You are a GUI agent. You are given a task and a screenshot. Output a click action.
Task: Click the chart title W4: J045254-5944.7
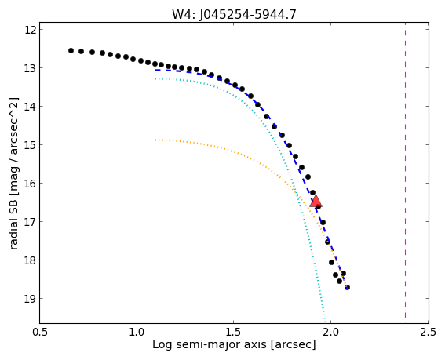click(x=234, y=14)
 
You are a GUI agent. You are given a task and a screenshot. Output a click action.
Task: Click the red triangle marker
click(x=316, y=201)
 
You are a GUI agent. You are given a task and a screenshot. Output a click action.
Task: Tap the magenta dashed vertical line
click(x=405, y=170)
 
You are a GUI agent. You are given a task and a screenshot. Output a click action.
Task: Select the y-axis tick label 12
click(x=31, y=30)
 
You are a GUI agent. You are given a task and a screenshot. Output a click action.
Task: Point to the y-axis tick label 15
click(x=31, y=145)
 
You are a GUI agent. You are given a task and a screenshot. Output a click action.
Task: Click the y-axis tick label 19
click(x=31, y=299)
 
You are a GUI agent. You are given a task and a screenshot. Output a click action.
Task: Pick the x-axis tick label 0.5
click(x=40, y=333)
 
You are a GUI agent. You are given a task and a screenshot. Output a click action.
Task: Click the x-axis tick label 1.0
click(x=137, y=333)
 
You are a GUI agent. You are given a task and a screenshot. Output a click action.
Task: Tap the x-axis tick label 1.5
click(x=234, y=333)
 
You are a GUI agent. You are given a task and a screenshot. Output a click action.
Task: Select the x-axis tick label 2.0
click(x=331, y=333)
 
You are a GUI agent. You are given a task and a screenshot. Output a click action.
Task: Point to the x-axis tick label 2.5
click(x=428, y=333)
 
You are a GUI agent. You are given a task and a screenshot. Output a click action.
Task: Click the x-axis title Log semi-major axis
click(x=210, y=345)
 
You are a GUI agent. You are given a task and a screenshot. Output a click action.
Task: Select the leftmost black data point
click(x=71, y=50)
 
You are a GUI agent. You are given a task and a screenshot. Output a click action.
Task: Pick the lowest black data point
click(x=347, y=287)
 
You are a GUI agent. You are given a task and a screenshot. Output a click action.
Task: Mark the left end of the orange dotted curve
click(x=156, y=140)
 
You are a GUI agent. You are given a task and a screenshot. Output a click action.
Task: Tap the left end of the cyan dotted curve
click(x=156, y=78)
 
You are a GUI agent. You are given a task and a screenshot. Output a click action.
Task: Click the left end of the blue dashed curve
click(x=156, y=70)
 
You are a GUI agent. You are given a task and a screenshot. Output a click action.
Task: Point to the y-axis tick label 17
click(x=31, y=222)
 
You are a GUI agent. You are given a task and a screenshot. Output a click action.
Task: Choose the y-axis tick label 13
click(x=31, y=68)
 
